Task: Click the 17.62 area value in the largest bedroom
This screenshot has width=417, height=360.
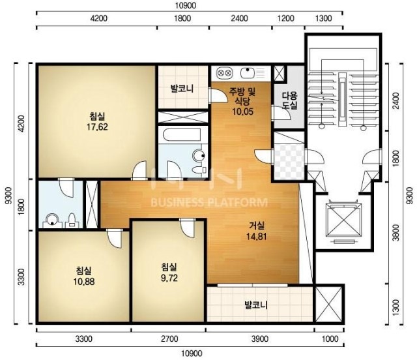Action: click(97, 127)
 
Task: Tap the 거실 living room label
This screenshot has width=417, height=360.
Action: click(257, 226)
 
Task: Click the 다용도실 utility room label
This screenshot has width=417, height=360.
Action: click(289, 100)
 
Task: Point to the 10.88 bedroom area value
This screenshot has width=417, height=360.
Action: click(84, 282)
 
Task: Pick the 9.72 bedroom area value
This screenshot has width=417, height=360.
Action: click(169, 278)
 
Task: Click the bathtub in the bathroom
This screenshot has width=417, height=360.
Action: click(182, 136)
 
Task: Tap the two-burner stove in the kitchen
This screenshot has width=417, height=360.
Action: click(224, 72)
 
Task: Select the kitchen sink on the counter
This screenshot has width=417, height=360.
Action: click(248, 72)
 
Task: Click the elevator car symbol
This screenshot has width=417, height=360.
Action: click(345, 220)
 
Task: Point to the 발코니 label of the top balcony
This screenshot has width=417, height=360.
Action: click(182, 89)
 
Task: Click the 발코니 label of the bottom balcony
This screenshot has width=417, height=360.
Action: click(256, 305)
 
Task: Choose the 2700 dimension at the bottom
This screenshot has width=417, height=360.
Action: click(169, 339)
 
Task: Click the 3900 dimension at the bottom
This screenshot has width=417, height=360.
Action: click(259, 339)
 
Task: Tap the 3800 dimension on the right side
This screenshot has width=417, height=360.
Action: click(396, 233)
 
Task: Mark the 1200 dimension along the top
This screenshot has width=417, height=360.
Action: click(286, 18)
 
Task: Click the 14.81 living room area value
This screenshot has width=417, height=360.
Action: click(257, 237)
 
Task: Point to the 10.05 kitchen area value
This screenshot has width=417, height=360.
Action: click(242, 112)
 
